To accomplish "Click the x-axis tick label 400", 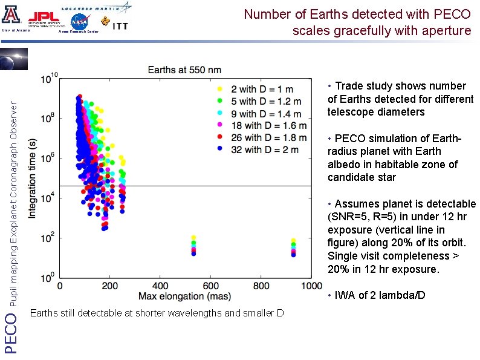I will click(160, 286).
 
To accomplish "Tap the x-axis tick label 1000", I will click(311, 286).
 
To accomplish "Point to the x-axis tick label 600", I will click(210, 286).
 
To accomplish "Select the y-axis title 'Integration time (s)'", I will click(33, 178).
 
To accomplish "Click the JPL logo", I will click(44, 18).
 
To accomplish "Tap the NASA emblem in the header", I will click(79, 21).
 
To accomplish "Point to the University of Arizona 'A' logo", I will click(13, 15).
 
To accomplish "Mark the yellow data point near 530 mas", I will click(193, 238).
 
